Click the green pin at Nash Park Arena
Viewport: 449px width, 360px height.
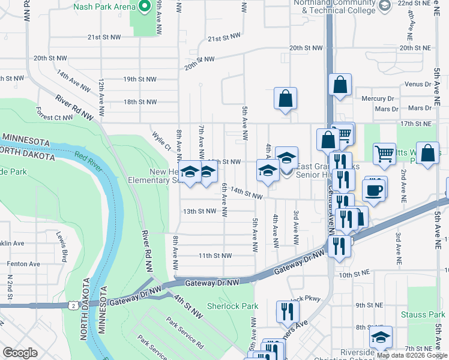[144, 7]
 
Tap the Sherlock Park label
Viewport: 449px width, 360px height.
[232, 306]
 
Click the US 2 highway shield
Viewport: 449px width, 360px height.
[73, 305]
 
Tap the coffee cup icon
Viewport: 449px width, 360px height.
[375, 191]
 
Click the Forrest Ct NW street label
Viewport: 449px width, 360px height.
[54, 113]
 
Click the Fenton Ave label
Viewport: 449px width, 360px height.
[23, 263]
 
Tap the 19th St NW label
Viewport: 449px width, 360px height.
[139, 79]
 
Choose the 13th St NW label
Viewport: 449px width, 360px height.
[199, 211]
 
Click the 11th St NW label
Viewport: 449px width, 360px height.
[215, 256]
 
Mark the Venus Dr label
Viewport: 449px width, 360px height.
[418, 84]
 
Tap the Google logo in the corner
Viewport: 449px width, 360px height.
[20, 353]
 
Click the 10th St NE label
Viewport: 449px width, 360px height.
[353, 274]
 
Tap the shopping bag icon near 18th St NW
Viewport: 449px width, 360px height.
[286, 98]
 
